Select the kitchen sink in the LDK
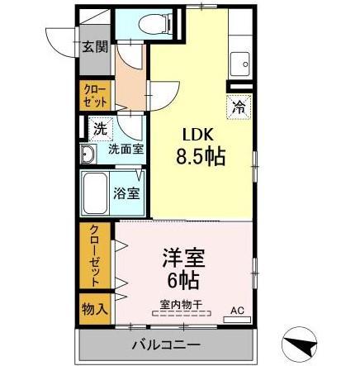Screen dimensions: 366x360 coord(242,61)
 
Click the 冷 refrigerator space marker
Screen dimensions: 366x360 coord(238,106)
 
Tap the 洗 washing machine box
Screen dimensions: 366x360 coord(98,129)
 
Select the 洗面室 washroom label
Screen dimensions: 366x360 coord(126,151)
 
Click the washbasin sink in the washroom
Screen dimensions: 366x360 coord(88,154)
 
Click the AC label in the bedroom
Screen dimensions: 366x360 coord(237,311)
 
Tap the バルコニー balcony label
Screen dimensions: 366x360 coord(162,344)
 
